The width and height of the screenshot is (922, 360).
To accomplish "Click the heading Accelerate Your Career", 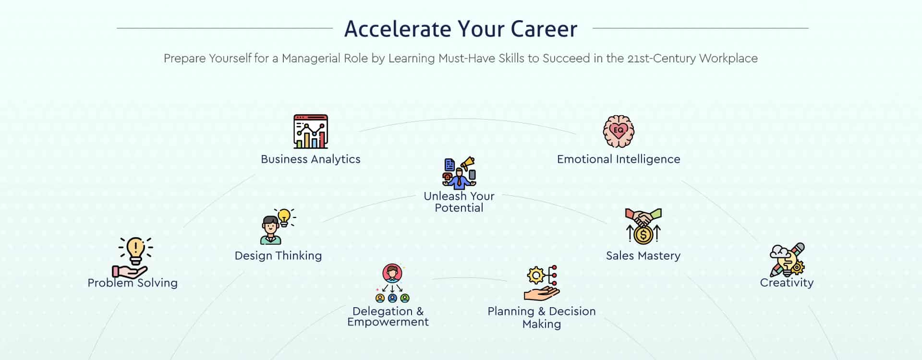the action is click(461, 29).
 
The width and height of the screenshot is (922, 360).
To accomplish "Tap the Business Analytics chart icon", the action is click(311, 131).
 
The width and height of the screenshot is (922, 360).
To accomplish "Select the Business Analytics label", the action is click(311, 159).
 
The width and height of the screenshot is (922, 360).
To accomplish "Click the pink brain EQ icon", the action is click(619, 131).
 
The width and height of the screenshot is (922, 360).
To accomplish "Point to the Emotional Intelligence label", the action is click(619, 159).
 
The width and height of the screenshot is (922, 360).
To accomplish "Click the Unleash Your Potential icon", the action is click(459, 173).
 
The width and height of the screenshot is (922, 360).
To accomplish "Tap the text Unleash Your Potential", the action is click(459, 202).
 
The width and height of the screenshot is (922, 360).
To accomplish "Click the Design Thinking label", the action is click(279, 256).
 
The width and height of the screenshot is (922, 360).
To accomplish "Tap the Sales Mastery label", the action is click(643, 256).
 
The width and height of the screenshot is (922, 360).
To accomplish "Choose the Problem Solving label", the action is click(133, 283).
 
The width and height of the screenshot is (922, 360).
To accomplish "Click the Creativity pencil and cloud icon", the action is click(787, 259).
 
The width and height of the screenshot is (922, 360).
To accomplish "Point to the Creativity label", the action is click(787, 283).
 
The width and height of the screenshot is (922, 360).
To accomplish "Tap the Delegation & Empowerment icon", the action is click(392, 283).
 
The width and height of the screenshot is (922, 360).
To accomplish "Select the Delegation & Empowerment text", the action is click(388, 317).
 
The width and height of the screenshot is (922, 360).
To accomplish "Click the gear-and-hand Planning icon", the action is click(542, 283).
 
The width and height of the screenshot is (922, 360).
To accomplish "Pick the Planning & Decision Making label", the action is click(542, 318).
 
